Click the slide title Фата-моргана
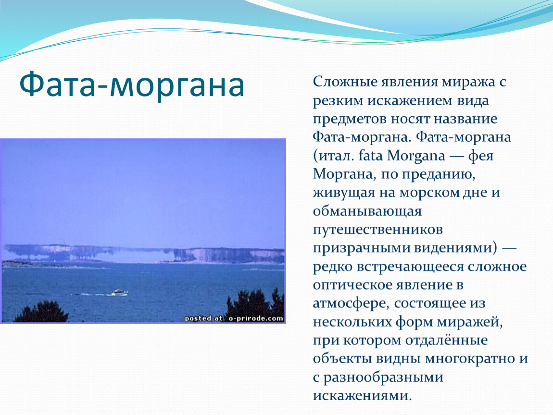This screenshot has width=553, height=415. click(132, 85)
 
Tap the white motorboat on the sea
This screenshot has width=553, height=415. click(119, 292)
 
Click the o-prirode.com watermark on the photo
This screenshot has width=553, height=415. click(234, 318)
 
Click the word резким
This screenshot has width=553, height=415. click(339, 100)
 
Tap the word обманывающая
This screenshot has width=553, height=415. click(367, 211)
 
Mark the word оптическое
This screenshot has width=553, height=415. click(358, 284)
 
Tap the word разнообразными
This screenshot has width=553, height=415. click(383, 377)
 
